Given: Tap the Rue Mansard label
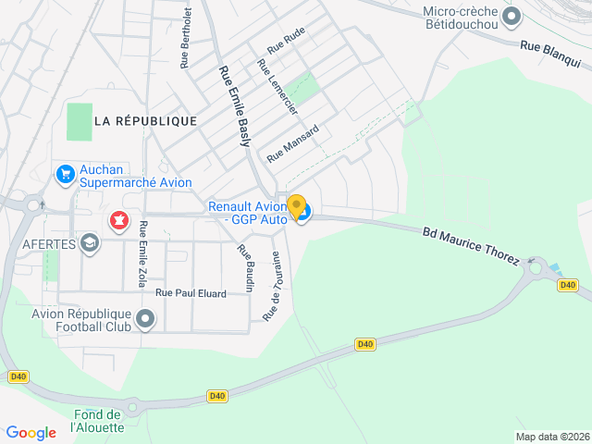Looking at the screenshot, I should pos(292,143).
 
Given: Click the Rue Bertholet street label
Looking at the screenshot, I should pos(186,38).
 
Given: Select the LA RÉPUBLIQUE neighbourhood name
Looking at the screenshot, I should pos(145,121).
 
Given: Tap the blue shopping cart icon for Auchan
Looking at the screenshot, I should pos(65,174).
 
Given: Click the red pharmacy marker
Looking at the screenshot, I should pos(118,221).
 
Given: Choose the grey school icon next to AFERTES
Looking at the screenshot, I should pos(90,243).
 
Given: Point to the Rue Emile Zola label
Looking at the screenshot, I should pos(142,253).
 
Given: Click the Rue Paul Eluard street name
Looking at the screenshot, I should pos(191,293).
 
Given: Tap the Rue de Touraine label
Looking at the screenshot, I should pos(271,286).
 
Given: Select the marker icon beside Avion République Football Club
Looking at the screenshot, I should pos(145,320).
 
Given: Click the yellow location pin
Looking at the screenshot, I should pos(296,207).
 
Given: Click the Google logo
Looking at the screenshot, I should pos(31,432).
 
